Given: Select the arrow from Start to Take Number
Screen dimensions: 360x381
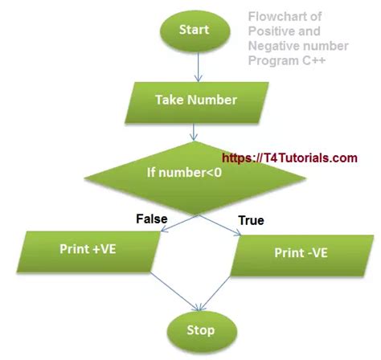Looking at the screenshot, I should coord(191,67).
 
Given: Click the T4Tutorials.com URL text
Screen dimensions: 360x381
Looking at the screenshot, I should coord(289,158).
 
